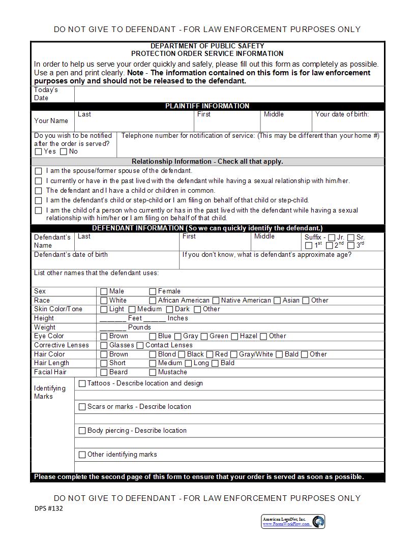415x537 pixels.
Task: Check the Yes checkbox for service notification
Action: pyautogui.click(x=39, y=152)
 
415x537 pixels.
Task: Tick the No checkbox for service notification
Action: pyautogui.click(x=64, y=152)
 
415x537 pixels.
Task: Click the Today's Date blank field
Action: pyautogui.click(x=229, y=94)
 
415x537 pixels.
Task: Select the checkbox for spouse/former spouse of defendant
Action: pyautogui.click(x=39, y=171)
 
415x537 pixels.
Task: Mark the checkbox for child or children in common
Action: pyautogui.click(x=39, y=191)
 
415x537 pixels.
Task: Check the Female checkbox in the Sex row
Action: pyautogui.click(x=153, y=291)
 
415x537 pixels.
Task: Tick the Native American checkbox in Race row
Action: pyautogui.click(x=216, y=301)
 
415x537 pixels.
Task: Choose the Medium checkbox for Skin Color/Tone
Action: pyautogui.click(x=132, y=309)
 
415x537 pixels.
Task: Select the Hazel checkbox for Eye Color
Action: pyautogui.click(x=234, y=336)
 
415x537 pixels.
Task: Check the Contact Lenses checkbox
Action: pyautogui.click(x=140, y=345)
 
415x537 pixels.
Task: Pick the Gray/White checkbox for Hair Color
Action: pyautogui.click(x=234, y=354)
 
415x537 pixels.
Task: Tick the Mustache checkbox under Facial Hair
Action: pyautogui.click(x=153, y=372)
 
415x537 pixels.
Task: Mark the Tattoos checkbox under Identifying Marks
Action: pyautogui.click(x=82, y=383)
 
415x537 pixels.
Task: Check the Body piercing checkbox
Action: pyautogui.click(x=82, y=431)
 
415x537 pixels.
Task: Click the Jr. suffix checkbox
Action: pyautogui.click(x=332, y=237)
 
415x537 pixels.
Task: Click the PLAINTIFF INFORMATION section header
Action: pyautogui.click(x=207, y=106)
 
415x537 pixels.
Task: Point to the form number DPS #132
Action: pyautogui.click(x=49, y=508)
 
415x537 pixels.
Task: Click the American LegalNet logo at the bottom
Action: pyautogui.click(x=293, y=521)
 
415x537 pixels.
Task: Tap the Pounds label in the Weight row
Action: pyautogui.click(x=139, y=327)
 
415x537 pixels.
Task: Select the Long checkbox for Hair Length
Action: pyautogui.click(x=188, y=363)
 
